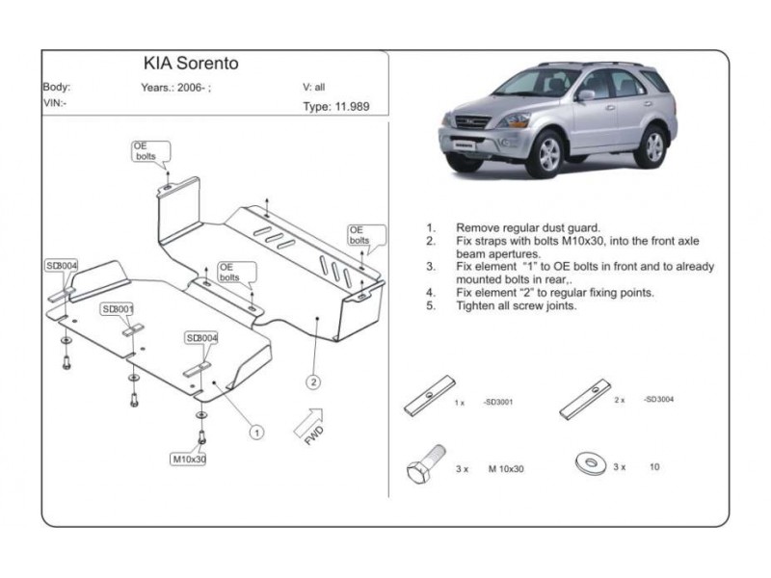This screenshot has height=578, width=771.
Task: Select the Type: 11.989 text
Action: (x=335, y=108)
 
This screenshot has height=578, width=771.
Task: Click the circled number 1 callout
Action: (x=258, y=433)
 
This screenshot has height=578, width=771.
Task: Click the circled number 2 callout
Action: (x=313, y=381)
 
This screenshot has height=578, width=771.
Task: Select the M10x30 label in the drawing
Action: (x=189, y=459)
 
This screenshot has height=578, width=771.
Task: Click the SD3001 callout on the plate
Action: (x=118, y=309)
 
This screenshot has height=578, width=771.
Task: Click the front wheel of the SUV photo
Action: (x=548, y=156)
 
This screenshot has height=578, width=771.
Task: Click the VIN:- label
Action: (x=55, y=101)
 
